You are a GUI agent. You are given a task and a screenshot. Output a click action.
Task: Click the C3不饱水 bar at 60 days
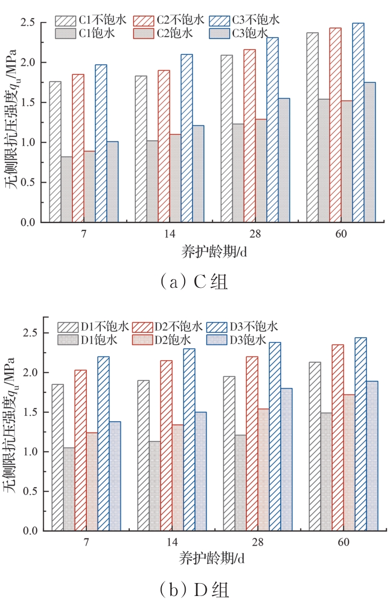click(x=358, y=122)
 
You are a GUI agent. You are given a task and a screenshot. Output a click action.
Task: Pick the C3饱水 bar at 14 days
click(x=198, y=173)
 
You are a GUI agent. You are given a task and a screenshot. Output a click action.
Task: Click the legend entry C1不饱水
click(x=91, y=20)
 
